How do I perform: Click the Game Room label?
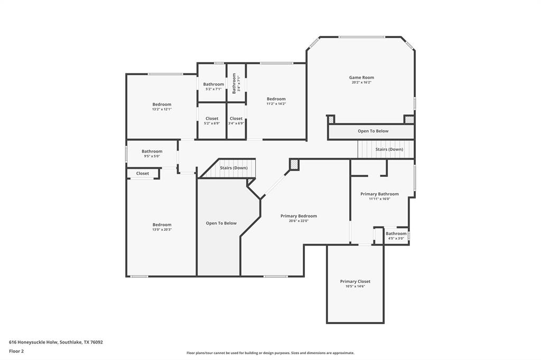pyautogui.click(x=361, y=78)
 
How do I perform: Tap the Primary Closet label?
pyautogui.click(x=355, y=281)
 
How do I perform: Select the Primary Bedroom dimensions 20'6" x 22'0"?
pyautogui.click(x=299, y=221)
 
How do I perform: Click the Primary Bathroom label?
pyautogui.click(x=379, y=194)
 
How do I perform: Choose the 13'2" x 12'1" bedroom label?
pyautogui.click(x=162, y=105)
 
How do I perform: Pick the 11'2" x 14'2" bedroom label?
pyautogui.click(x=276, y=99)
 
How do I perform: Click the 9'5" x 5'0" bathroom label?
pyautogui.click(x=152, y=151)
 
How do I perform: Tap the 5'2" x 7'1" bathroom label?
pyautogui.click(x=213, y=84)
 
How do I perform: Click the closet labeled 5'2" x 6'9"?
pyautogui.click(x=212, y=119)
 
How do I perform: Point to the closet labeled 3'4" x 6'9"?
pyautogui.click(x=236, y=119)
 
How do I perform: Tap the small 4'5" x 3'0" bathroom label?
pyautogui.click(x=396, y=234)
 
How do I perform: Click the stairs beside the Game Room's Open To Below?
pyautogui.click(x=389, y=149)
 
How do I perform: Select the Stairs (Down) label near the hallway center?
pyautogui.click(x=234, y=168)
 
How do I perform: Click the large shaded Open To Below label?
pyautogui.click(x=221, y=223)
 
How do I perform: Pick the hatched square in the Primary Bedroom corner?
pyautogui.click(x=294, y=165)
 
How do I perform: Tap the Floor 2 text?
pyautogui.click(x=16, y=351)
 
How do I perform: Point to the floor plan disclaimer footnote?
pyautogui.click(x=270, y=353)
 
